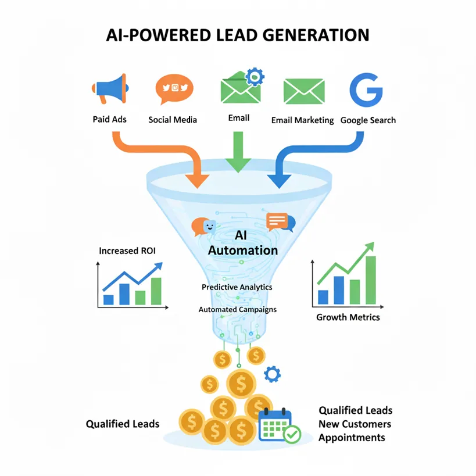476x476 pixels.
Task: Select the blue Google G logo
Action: (x=366, y=89)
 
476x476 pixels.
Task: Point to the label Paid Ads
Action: (x=109, y=120)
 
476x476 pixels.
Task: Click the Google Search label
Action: (x=368, y=120)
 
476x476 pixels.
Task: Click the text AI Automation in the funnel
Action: (x=242, y=244)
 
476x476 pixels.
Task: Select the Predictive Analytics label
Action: (x=237, y=287)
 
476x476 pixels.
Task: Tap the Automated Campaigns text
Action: (x=237, y=309)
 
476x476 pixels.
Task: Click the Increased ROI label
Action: (x=127, y=251)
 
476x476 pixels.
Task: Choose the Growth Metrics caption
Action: (x=348, y=317)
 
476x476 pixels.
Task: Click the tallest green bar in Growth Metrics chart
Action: (x=370, y=280)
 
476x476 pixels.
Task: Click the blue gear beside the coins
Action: (x=271, y=374)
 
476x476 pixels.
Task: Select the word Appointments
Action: (x=351, y=438)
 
